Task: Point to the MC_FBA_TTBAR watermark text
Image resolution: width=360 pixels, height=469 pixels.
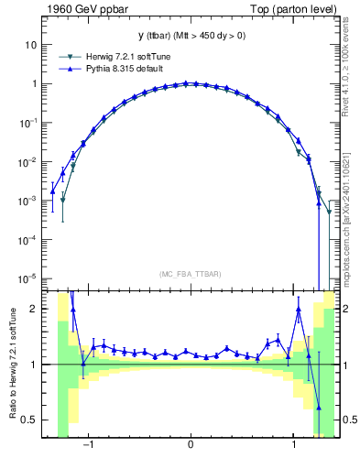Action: (x=190, y=274)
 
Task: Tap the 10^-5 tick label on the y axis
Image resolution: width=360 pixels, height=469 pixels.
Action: (x=29, y=278)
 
